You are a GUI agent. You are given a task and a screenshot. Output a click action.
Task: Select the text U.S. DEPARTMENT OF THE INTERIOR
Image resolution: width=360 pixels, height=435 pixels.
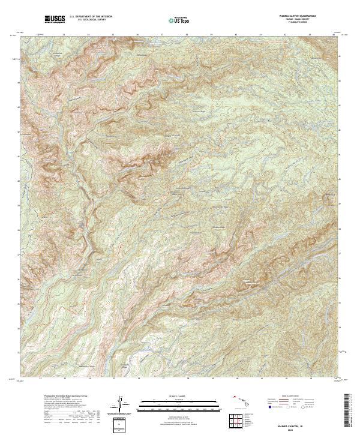tap(91, 17)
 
